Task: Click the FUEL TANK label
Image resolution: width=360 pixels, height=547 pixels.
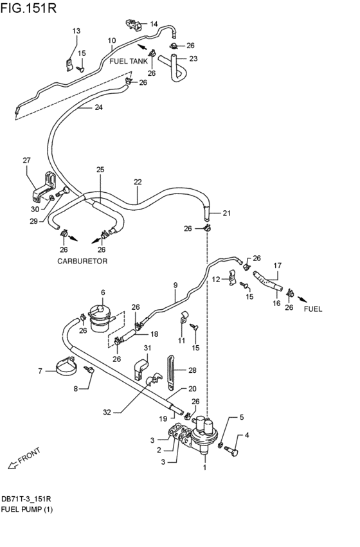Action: point(129,61)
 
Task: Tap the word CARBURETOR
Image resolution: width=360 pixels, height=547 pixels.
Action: point(82,262)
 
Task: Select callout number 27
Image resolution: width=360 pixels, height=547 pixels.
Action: point(26,161)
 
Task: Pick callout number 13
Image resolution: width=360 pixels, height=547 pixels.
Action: point(76,31)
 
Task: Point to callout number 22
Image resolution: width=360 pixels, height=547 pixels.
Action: point(138,182)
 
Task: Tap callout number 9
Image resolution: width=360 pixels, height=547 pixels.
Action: point(174,284)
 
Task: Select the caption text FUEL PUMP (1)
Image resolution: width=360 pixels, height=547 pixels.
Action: point(27,510)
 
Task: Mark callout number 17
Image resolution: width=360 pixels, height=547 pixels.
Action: point(278,265)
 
